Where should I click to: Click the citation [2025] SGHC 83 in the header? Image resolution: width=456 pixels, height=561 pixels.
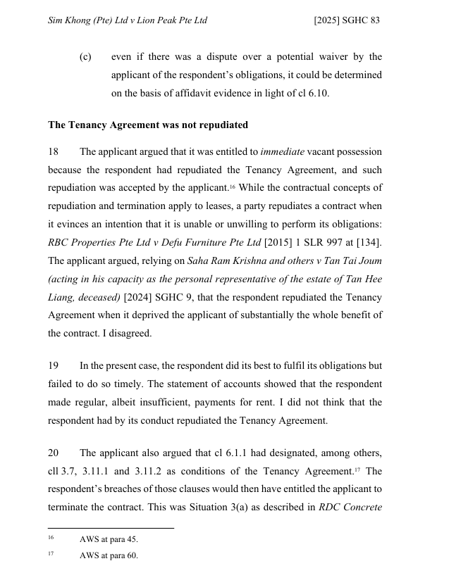346,20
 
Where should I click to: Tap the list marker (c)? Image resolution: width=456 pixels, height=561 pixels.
85,57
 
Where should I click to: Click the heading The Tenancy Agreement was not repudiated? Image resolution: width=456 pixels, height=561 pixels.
148,125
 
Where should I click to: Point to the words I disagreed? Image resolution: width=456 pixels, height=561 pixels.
128,334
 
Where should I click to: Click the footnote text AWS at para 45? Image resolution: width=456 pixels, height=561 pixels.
109,539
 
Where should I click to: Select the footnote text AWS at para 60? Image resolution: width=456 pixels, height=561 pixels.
109,555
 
